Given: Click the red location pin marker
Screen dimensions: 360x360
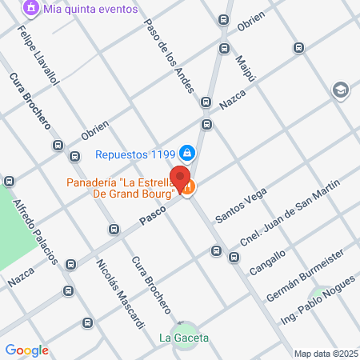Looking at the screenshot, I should pyautogui.click(x=182, y=178).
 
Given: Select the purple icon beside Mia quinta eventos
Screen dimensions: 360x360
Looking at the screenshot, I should pyautogui.click(x=31, y=9).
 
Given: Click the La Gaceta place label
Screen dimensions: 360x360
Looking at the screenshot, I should pyautogui.click(x=184, y=338).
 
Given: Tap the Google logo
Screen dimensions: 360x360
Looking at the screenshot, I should pyautogui.click(x=26, y=350).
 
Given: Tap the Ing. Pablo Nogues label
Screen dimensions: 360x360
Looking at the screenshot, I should pyautogui.click(x=318, y=305).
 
